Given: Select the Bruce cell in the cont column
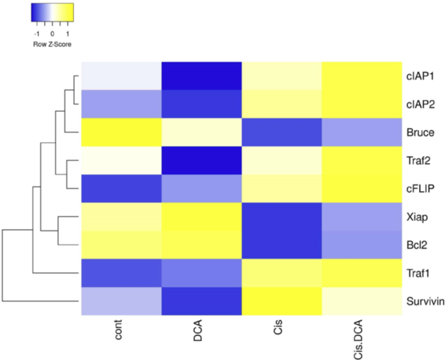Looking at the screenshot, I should [x=121, y=132].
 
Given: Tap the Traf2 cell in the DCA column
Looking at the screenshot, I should [x=201, y=160].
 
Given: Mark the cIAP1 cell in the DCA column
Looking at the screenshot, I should [x=201, y=76].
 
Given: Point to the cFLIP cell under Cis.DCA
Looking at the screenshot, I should [x=360, y=188].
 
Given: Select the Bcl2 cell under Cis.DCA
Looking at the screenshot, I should [x=360, y=245].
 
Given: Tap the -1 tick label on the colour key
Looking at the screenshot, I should [x=38, y=31].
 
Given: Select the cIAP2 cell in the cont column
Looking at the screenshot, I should [x=121, y=104].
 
